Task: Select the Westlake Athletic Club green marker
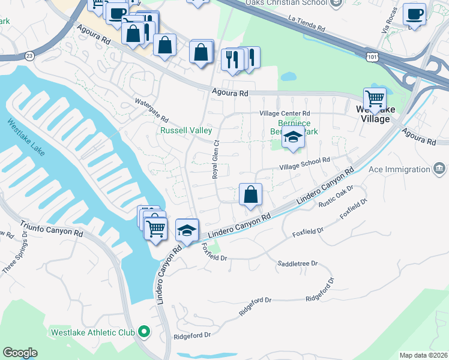144,331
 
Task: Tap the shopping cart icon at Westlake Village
375,97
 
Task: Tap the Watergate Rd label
152,110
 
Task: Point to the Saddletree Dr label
297,263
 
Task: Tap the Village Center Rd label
285,113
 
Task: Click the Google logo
20,353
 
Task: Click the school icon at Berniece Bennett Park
293,137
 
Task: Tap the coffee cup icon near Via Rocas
414,13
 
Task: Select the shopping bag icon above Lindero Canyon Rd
250,194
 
